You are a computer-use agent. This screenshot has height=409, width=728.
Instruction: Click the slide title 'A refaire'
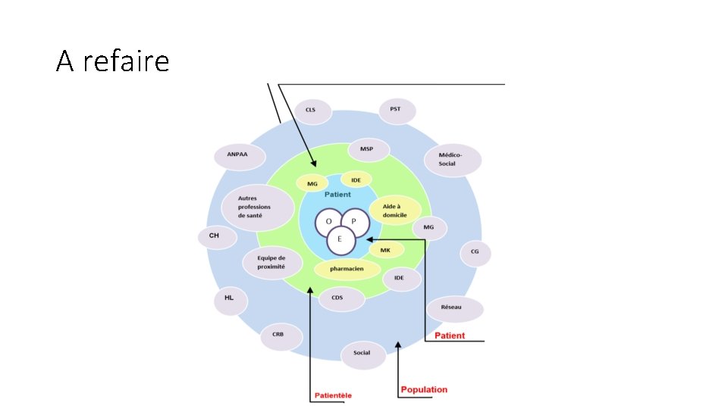[x=112, y=61]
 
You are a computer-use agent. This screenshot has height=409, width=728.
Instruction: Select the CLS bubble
[x=311, y=111]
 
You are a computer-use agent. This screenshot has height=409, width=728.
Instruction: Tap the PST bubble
[x=396, y=110]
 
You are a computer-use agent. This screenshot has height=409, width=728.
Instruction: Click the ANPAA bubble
[x=237, y=156]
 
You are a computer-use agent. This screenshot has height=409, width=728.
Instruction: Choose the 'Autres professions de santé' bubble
[x=257, y=206]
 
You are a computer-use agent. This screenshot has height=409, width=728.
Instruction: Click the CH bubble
[x=214, y=236]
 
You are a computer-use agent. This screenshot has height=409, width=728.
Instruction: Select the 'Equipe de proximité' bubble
[x=268, y=263]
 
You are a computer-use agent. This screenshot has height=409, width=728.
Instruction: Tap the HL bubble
[x=229, y=298]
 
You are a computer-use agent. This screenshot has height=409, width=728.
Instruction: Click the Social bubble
[x=362, y=353]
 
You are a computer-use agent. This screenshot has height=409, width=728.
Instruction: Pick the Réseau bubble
[x=454, y=308]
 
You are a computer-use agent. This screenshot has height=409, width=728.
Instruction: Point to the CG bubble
[x=475, y=253]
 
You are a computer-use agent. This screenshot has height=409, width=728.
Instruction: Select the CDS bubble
[x=337, y=298]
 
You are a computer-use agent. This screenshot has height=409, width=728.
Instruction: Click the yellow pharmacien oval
[x=347, y=269]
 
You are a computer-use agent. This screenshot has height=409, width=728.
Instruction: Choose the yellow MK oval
[x=386, y=249]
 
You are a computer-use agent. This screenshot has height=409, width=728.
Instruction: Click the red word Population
[x=424, y=390]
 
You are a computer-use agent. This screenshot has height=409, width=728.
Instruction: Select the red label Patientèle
[x=334, y=395]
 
